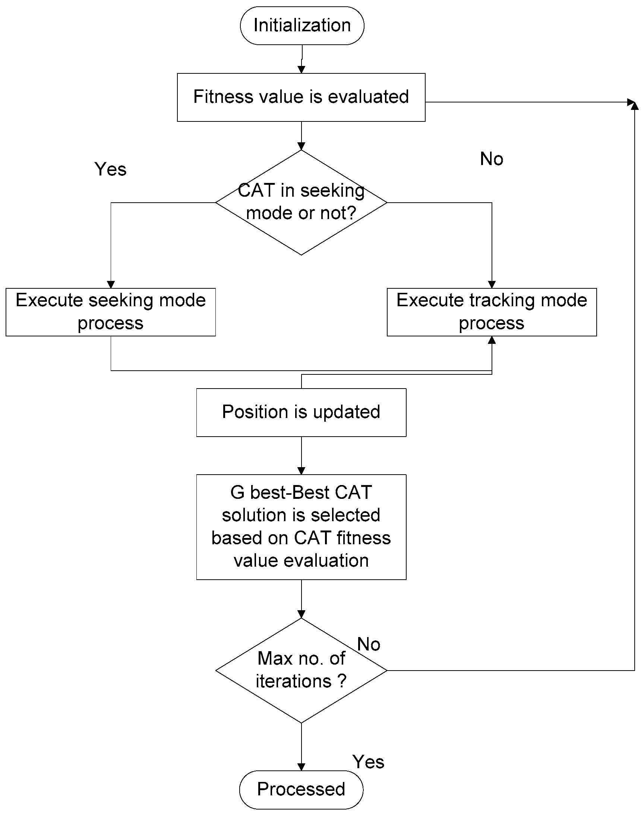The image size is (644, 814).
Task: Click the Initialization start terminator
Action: click(302, 26)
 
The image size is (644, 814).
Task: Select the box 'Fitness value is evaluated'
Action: click(301, 97)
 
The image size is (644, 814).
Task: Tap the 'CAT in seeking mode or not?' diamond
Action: click(301, 202)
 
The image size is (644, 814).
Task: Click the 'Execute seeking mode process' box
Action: click(110, 312)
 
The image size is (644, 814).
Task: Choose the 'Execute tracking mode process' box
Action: click(492, 312)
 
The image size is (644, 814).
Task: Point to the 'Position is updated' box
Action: click(301, 412)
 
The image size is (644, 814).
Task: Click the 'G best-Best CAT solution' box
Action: click(301, 527)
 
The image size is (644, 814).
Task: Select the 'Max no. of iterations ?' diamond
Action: click(301, 671)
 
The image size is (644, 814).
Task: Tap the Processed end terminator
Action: click(301, 789)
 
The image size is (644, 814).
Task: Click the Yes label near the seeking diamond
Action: click(110, 169)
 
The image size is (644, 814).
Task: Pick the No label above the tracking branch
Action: click(491, 159)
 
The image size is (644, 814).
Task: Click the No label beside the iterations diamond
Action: click(368, 644)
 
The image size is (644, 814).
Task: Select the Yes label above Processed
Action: click(368, 762)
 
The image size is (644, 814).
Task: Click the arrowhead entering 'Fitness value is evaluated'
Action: click(301, 70)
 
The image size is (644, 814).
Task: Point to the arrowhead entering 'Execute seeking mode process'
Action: click(111, 285)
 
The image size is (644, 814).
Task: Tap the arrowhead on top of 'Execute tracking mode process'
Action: click(492, 285)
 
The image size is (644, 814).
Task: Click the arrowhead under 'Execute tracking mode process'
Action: click(492, 340)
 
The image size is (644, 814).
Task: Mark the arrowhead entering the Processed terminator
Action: click(301, 767)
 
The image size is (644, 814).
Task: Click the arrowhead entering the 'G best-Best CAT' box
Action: click(301, 471)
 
